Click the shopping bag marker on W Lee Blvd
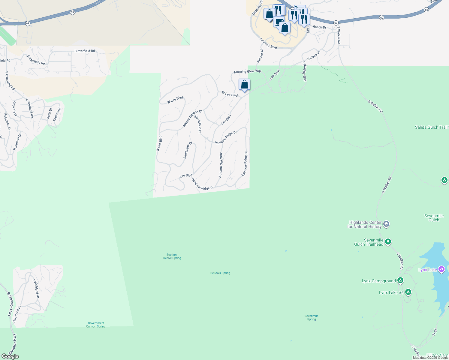[x=245, y=85]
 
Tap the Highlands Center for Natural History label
[x=364, y=224]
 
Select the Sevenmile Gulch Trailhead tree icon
[x=388, y=241]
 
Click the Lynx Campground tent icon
[x=400, y=280]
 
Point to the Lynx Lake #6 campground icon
[x=408, y=292]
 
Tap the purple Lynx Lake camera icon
[x=441, y=269]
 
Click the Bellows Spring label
[x=220, y=273]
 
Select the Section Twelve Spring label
[x=172, y=256]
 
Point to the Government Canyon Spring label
[x=96, y=325]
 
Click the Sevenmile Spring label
[x=312, y=317]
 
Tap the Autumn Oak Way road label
[x=221, y=165]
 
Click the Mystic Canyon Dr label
[x=193, y=118]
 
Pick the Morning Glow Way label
[x=248, y=71]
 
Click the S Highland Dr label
[x=36, y=288]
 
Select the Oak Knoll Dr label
[x=17, y=314]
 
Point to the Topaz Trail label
[x=57, y=114]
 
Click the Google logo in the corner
[x=10, y=356]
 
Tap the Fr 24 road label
[x=435, y=332]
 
